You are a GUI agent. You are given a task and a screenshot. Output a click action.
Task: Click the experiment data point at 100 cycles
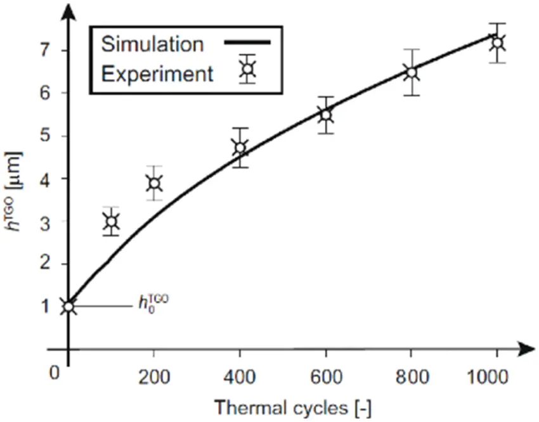[111, 222]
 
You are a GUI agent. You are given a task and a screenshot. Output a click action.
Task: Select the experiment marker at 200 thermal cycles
[153, 184]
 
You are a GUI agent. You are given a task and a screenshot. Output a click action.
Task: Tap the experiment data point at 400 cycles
[240, 148]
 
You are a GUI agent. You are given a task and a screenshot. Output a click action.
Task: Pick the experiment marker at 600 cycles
[326, 115]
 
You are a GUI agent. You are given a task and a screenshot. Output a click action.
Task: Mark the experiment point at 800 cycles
[412, 72]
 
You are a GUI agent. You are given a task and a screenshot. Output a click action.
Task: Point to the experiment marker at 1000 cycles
[498, 43]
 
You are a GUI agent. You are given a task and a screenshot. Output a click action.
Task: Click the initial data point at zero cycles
[68, 307]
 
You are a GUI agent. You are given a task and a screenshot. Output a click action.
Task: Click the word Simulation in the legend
[152, 44]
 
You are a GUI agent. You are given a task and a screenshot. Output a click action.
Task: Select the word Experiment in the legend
[157, 74]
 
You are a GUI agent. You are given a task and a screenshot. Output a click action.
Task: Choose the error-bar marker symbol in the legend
[247, 69]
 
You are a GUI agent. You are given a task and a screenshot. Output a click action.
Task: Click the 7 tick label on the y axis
[44, 49]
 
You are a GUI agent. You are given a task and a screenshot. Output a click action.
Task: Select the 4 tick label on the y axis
[44, 179]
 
